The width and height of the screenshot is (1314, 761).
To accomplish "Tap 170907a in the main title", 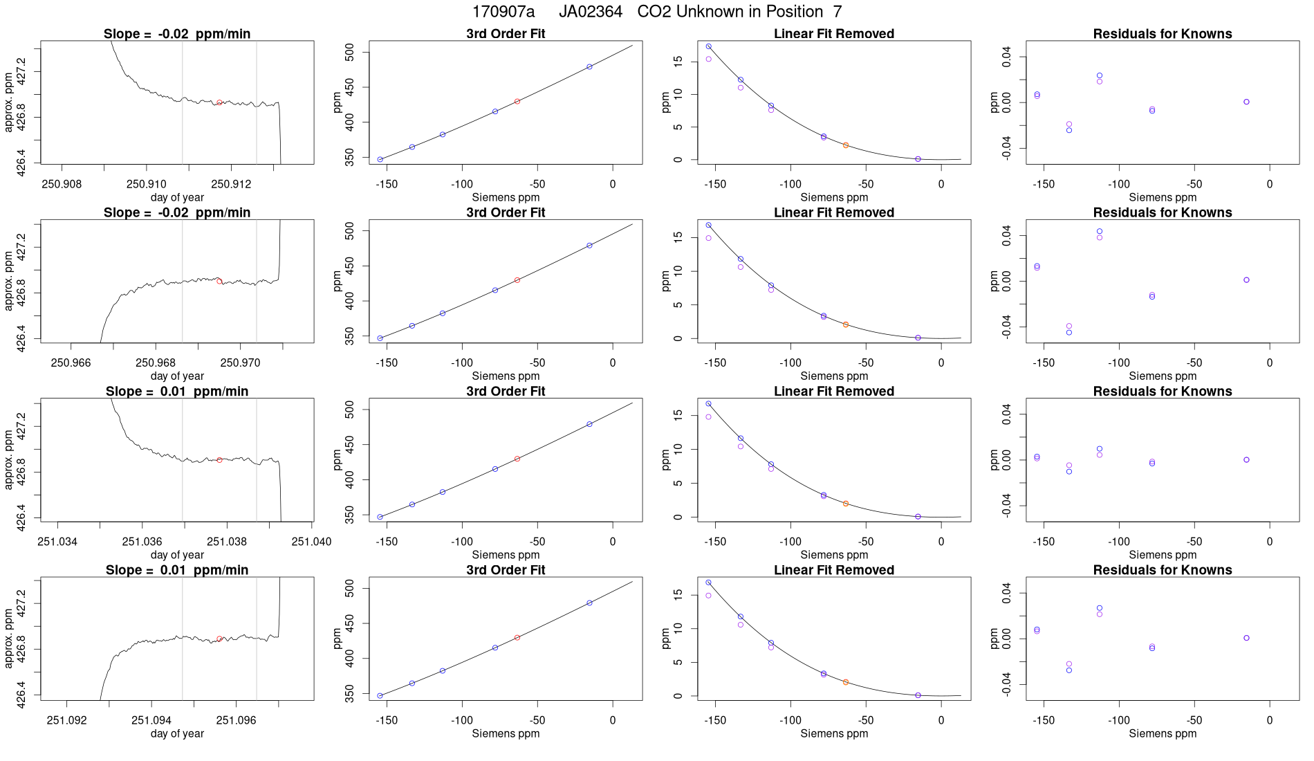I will [503, 12].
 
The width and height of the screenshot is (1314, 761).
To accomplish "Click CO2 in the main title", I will [654, 12].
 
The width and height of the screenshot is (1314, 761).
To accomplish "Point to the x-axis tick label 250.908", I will [62, 184].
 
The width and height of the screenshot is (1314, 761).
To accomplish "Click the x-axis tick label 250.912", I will [231, 184].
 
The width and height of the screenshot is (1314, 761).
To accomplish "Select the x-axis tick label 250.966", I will [71, 363].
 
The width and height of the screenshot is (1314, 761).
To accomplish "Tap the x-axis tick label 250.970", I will [240, 363].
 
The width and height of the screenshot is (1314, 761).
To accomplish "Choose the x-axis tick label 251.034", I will [57, 541].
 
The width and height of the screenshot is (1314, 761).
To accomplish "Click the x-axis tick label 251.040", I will [311, 541].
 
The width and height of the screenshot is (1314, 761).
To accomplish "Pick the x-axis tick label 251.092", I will [67, 720].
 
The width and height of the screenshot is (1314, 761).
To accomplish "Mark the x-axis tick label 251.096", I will [236, 720].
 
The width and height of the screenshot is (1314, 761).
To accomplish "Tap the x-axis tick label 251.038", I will [227, 541].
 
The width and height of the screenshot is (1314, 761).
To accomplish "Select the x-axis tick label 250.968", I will [156, 363].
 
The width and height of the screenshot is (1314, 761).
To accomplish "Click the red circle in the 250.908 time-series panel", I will [219, 102].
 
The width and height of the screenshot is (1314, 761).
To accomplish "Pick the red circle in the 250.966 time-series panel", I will [219, 282].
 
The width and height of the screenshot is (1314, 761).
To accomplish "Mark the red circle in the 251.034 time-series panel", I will [219, 460].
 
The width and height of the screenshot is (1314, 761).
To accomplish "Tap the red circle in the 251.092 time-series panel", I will [219, 639].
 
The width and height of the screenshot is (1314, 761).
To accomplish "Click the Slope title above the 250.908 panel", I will [177, 34].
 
